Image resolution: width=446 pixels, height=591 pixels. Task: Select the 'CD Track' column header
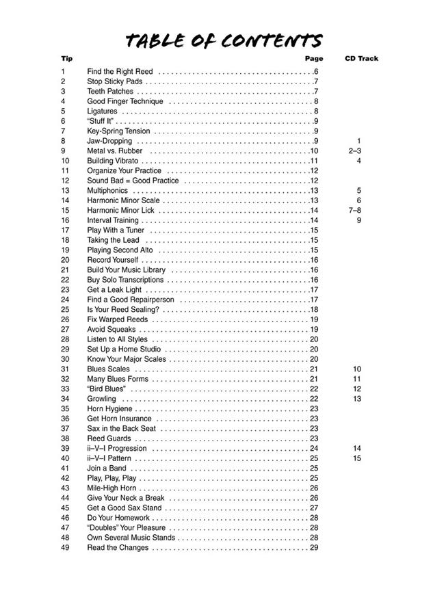click(361, 59)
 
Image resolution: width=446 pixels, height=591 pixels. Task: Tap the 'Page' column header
click(314, 59)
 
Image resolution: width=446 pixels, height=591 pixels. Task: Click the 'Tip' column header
click(66, 59)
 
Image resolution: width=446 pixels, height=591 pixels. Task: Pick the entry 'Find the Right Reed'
click(120, 72)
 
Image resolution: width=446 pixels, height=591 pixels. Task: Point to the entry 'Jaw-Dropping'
click(109, 141)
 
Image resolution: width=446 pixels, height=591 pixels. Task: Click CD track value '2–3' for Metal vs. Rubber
click(354, 150)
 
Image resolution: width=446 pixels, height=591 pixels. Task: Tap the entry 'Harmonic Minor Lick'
click(120, 211)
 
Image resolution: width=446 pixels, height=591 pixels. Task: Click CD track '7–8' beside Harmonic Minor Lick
click(354, 211)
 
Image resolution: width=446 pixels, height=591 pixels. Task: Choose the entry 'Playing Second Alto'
click(120, 250)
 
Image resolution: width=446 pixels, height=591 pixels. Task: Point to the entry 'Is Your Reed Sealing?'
click(123, 310)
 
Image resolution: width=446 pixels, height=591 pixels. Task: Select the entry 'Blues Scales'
click(108, 369)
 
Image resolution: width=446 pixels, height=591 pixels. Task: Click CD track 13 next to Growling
click(357, 399)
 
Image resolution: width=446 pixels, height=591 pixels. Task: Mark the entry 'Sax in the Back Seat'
click(120, 429)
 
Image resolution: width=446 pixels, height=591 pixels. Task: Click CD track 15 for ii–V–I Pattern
click(357, 458)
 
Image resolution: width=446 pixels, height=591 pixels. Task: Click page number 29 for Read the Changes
click(314, 548)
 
